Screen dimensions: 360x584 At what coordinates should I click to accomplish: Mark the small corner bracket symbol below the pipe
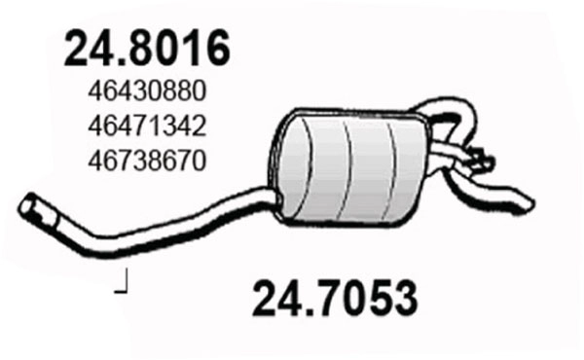[x=122, y=285]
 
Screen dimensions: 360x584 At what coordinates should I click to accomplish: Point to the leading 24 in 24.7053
[x=275, y=294]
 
